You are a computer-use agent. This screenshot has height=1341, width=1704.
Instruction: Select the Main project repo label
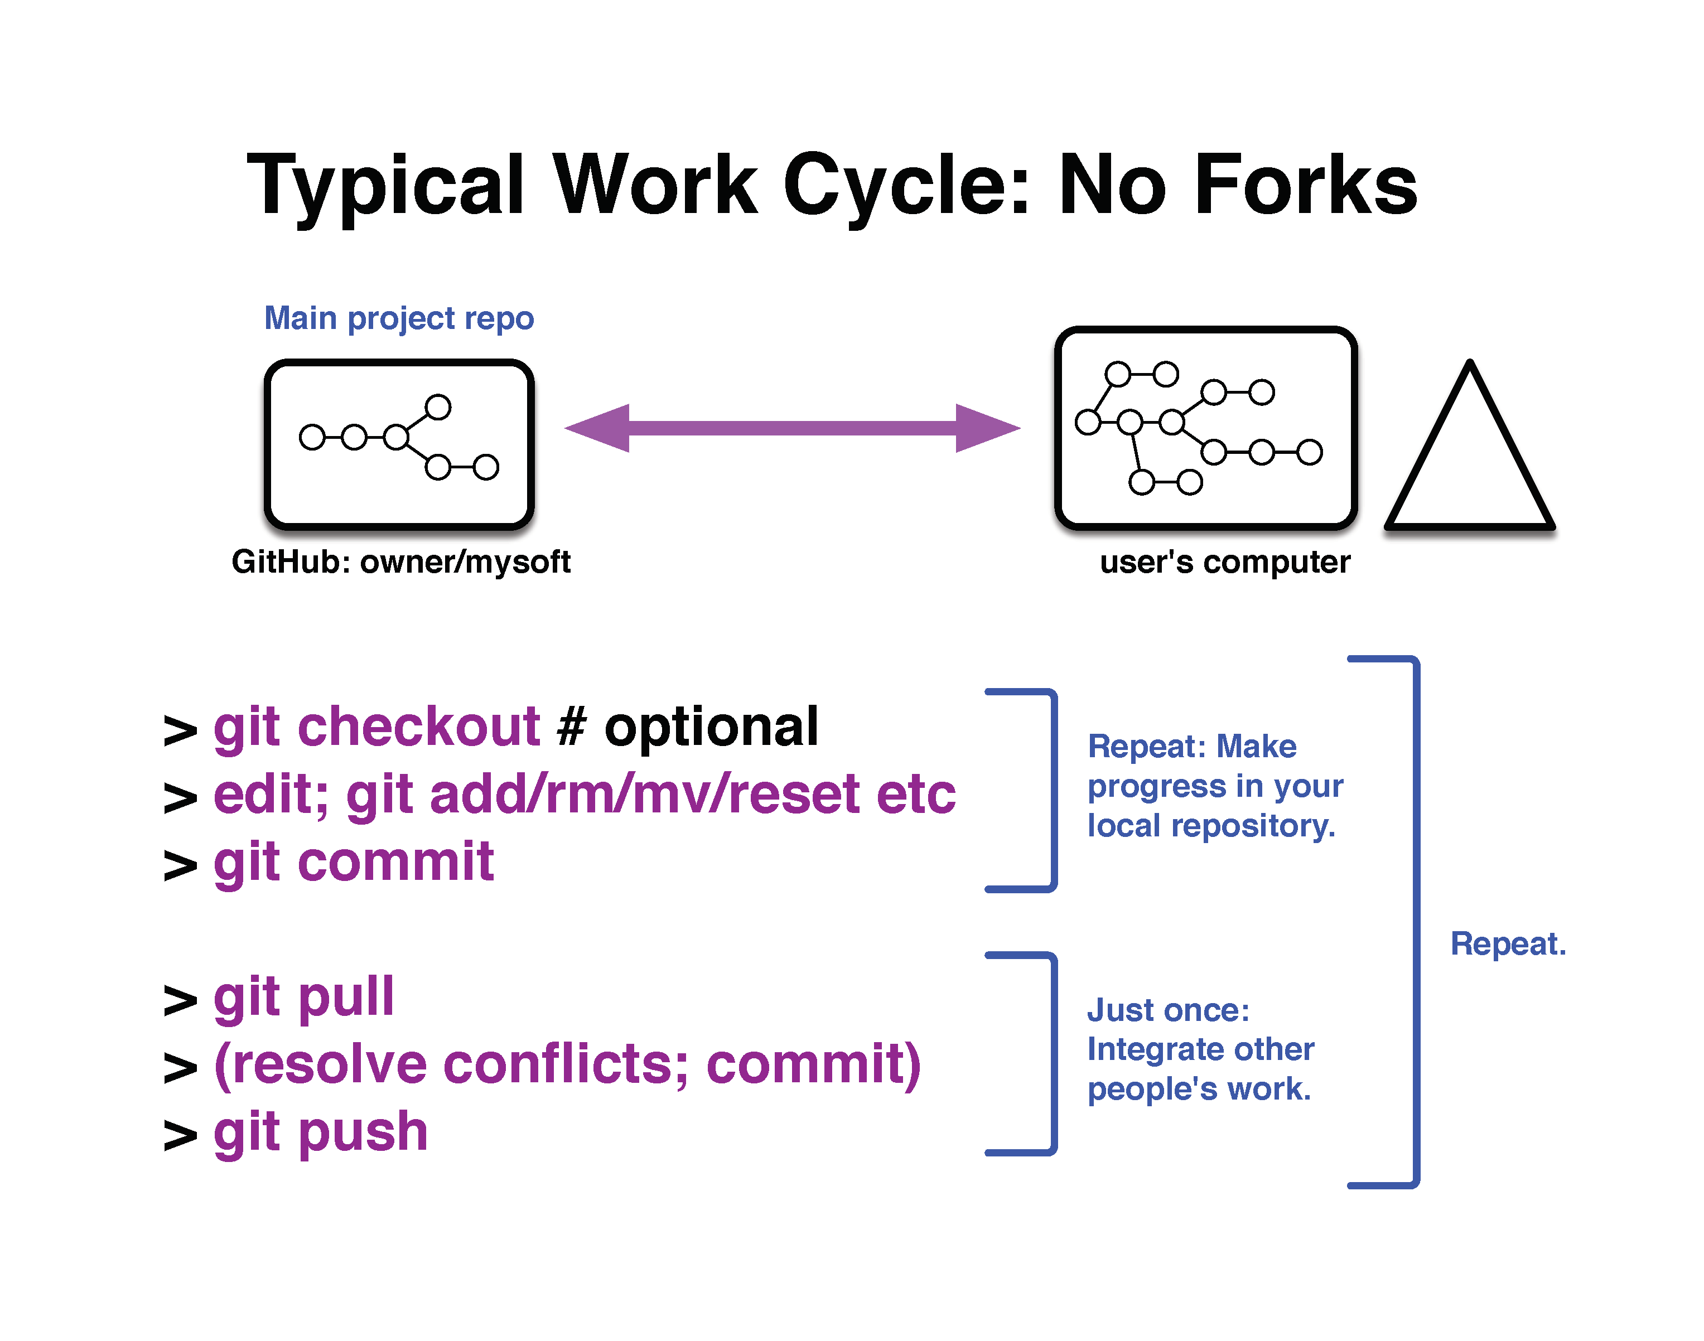click(399, 319)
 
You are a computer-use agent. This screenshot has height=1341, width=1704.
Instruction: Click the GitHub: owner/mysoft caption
click(400, 562)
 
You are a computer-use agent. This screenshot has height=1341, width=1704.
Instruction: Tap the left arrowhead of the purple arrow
click(597, 428)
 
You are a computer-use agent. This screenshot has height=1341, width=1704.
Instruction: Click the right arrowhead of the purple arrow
click(988, 428)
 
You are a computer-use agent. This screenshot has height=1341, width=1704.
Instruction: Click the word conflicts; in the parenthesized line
click(566, 1064)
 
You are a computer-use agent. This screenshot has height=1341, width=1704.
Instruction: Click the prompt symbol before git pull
click(180, 1000)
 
